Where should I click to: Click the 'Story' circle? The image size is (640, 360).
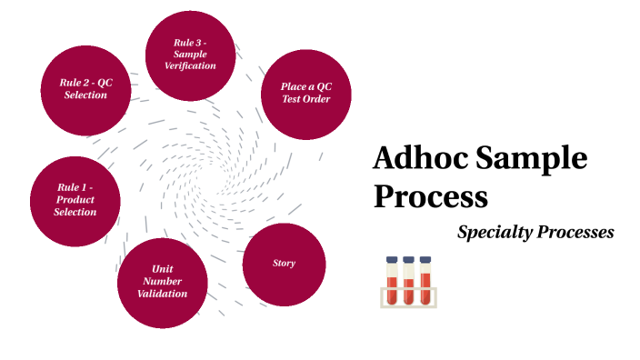(285, 264)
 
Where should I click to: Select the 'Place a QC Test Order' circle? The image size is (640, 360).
(305, 93)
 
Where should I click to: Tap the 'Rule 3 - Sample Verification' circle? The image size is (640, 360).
(190, 55)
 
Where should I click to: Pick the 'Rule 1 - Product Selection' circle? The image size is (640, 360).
(75, 200)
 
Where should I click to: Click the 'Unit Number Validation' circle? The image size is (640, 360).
(163, 282)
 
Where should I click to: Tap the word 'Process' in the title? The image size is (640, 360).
(430, 195)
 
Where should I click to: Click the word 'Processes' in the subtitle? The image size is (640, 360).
(577, 233)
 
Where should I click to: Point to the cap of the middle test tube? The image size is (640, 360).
(409, 260)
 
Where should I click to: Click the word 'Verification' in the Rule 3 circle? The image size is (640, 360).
(190, 66)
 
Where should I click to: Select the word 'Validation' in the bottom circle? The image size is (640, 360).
(163, 294)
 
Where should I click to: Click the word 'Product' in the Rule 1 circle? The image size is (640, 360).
(75, 200)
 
